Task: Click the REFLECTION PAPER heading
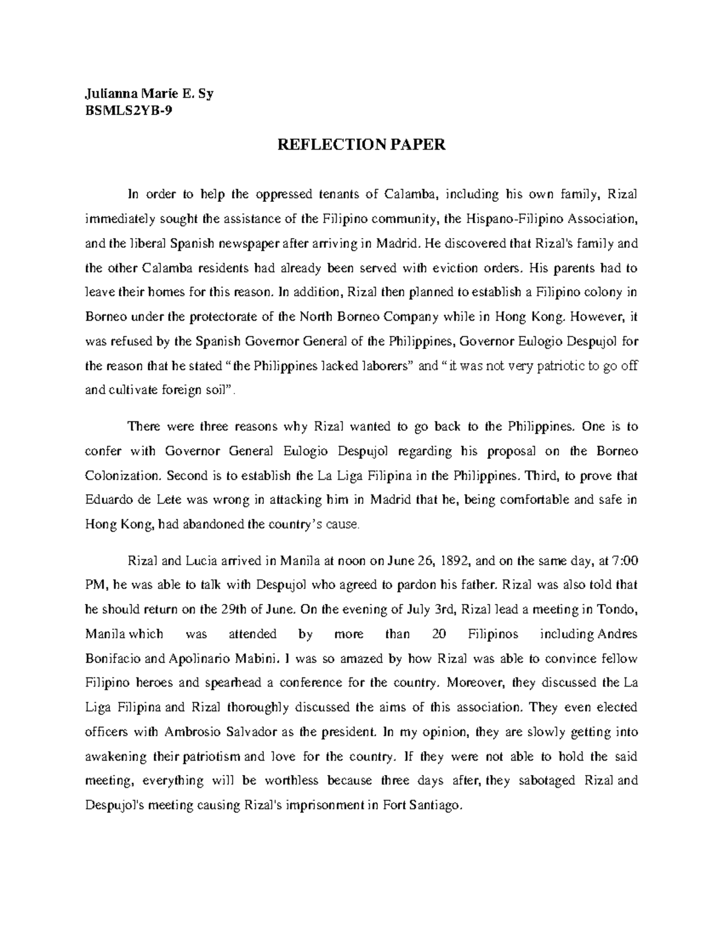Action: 361,145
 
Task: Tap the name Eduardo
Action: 109,500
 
